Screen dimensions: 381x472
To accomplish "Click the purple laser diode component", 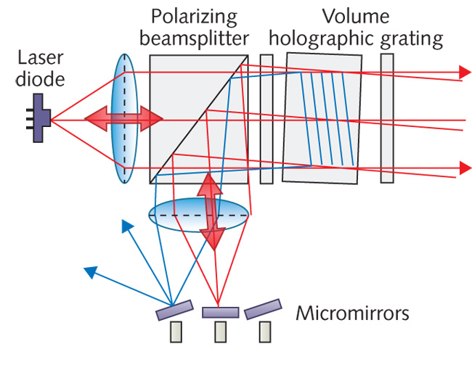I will pos(43,120).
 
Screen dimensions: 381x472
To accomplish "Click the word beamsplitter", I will pos(195,38).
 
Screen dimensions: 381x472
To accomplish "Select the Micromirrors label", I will pos(352,314).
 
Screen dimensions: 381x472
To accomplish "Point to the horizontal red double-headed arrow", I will pos(124,118).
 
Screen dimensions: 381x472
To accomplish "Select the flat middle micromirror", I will pos(220,312).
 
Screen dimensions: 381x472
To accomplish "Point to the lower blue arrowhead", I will pos(90,271).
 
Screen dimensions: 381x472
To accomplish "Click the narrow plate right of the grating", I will pos(387,119).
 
